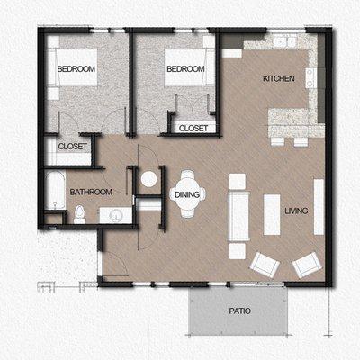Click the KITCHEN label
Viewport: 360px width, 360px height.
[278, 79]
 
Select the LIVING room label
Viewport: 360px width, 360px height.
[296, 211]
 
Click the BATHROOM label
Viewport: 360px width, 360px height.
[91, 192]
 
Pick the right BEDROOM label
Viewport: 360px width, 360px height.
[184, 69]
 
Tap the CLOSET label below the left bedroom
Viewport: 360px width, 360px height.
[72, 146]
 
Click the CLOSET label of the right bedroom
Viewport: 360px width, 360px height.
[193, 128]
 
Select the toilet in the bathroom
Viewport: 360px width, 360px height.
[79, 214]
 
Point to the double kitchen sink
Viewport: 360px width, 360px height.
[286, 41]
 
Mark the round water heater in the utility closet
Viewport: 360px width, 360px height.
[148, 178]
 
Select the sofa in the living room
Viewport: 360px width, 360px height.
[238, 207]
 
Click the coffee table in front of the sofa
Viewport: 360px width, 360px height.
[272, 212]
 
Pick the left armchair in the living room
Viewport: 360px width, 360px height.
[265, 264]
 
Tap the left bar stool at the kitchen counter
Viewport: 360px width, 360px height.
[277, 141]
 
